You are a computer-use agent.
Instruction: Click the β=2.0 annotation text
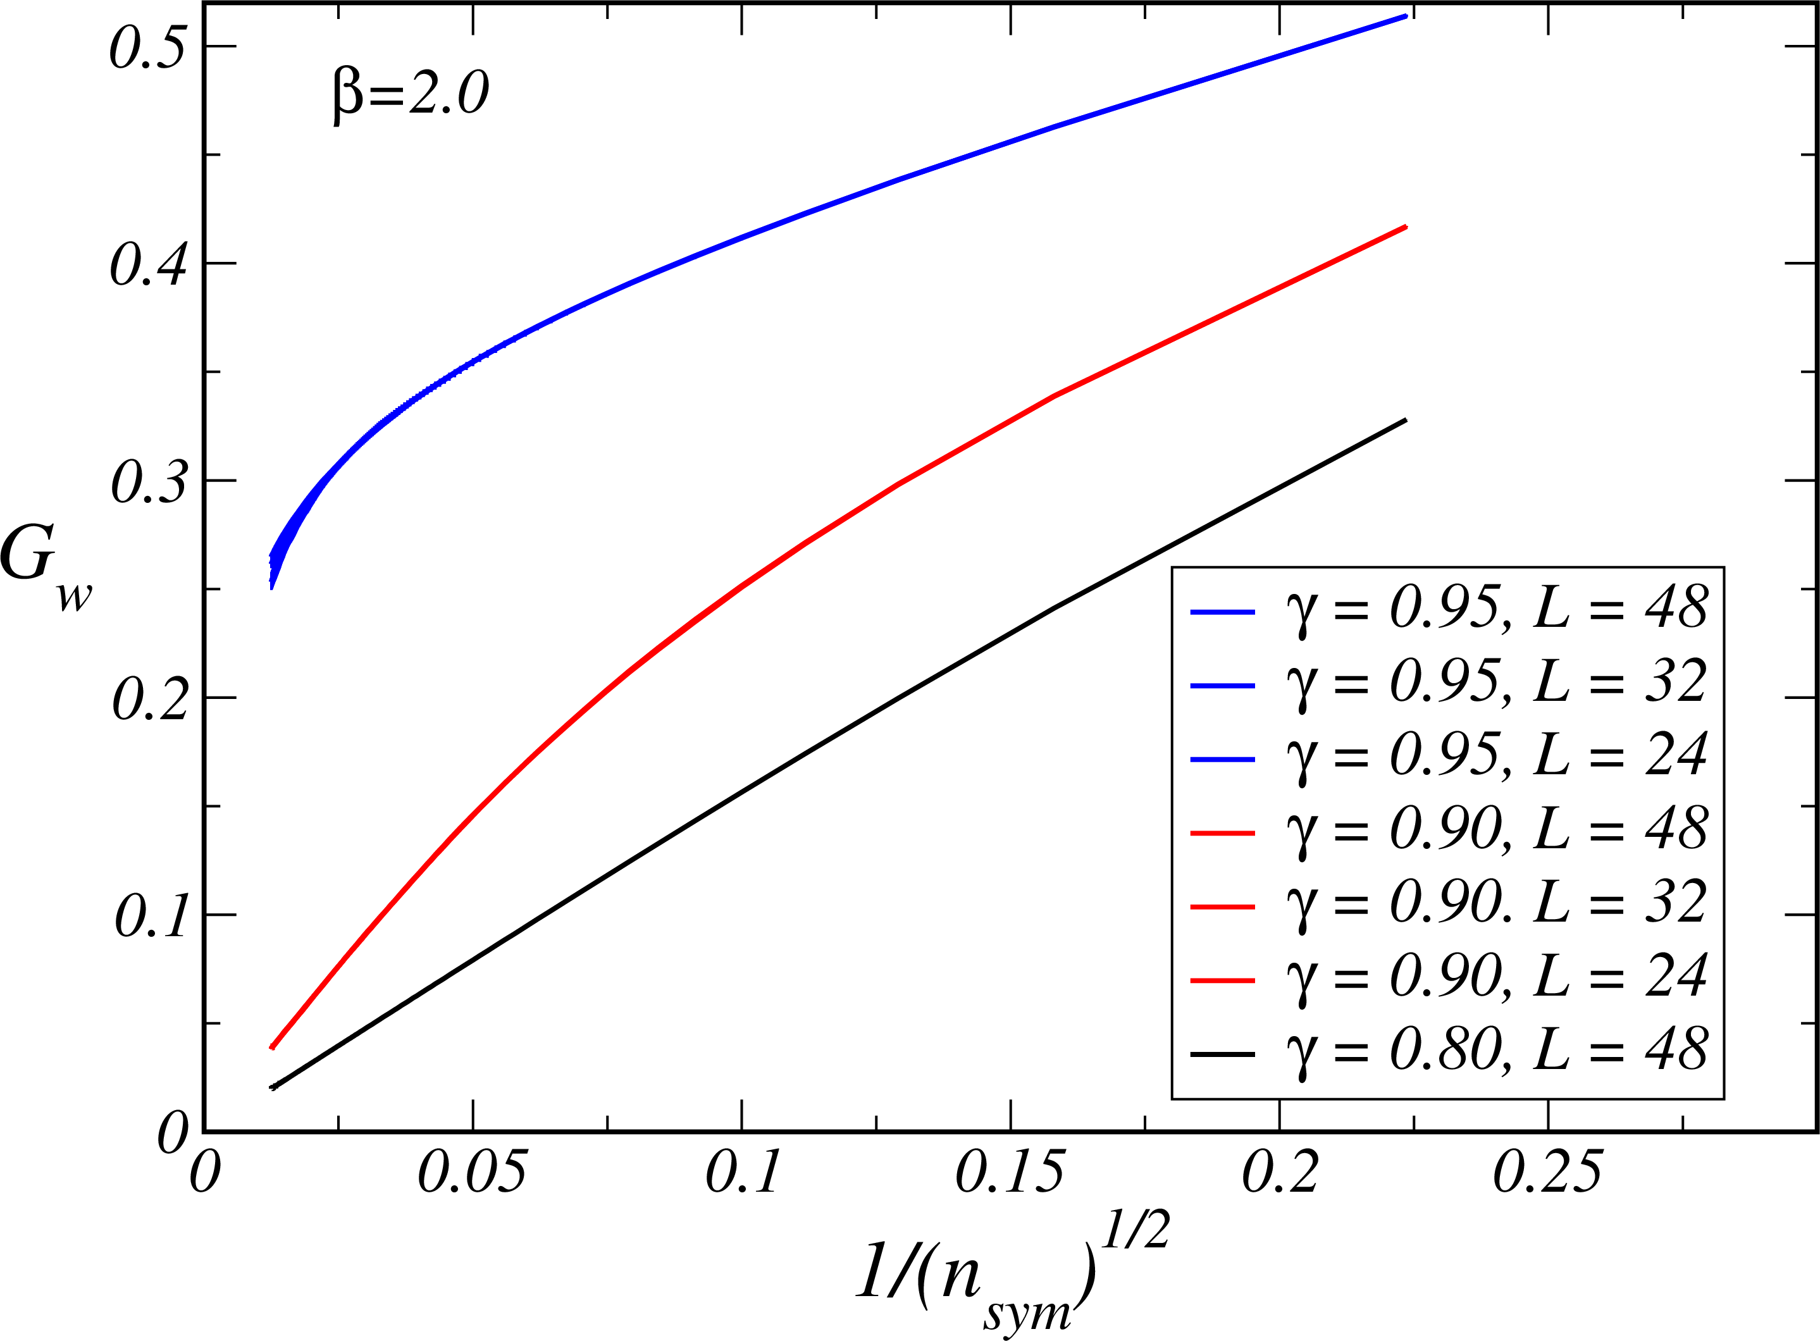click(x=410, y=94)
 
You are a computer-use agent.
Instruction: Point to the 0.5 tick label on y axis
click(x=149, y=46)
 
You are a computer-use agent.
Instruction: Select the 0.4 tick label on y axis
click(x=149, y=264)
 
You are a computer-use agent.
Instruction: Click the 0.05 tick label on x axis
click(x=472, y=1172)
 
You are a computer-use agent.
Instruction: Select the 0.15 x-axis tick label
click(x=1009, y=1172)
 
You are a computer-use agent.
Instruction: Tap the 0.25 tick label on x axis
click(x=1547, y=1172)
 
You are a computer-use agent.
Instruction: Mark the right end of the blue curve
click(x=1405, y=15)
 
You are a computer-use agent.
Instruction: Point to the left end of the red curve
click(x=272, y=1048)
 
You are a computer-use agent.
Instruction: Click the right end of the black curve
click(x=1405, y=419)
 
